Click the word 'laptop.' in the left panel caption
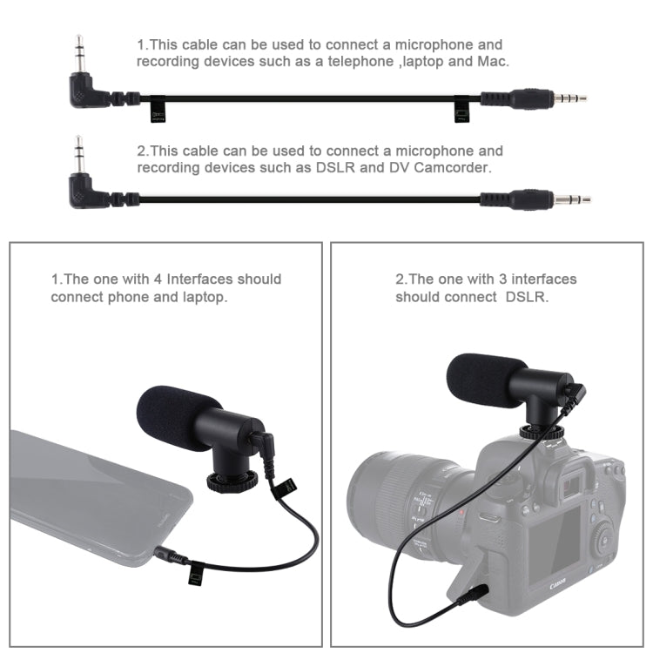pos(205,297)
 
